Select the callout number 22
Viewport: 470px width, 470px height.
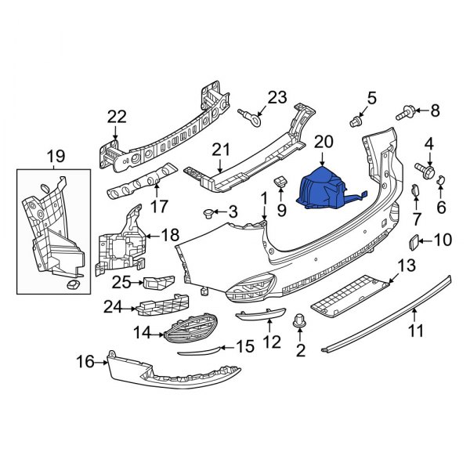(117, 117)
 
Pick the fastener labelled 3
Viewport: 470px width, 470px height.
(208, 212)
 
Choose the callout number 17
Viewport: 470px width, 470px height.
(160, 208)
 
